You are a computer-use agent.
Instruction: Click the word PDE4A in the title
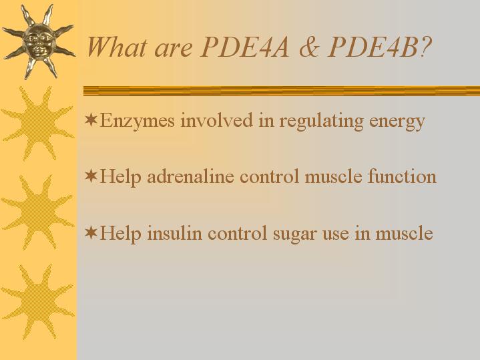coord(244,47)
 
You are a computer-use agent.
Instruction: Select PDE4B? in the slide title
coord(380,47)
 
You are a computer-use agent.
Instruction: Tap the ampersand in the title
coord(309,47)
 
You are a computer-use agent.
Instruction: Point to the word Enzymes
coord(137,122)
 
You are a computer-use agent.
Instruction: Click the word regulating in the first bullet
coord(321,122)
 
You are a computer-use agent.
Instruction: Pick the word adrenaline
coord(190,177)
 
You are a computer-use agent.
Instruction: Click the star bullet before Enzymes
coord(91,120)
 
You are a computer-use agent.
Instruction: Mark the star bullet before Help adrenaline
coord(91,176)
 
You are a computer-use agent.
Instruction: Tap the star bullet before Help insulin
coord(91,232)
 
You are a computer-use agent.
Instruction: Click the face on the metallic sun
coord(39,41)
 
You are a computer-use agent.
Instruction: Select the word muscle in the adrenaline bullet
coord(333,177)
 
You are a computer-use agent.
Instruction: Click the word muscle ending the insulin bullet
coord(404,233)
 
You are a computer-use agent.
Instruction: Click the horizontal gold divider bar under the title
coord(282,91)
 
